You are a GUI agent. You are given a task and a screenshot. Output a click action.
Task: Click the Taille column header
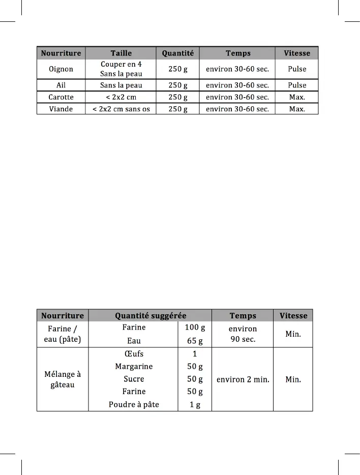point(121,53)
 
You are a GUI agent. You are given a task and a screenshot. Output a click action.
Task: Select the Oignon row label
point(61,69)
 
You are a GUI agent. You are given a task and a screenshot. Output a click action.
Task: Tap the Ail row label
point(61,85)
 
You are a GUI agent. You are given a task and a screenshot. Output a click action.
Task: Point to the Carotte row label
point(61,97)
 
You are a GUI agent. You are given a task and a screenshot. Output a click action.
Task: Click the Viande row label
point(61,109)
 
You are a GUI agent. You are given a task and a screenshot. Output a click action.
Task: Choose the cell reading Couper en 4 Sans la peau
point(121,69)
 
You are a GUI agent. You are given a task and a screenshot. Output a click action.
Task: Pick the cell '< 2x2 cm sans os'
point(121,109)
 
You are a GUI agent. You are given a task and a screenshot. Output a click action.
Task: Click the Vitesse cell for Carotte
point(297,97)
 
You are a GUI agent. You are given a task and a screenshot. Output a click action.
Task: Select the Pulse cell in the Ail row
point(297,85)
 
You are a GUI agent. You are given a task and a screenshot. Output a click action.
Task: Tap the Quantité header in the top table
point(177,53)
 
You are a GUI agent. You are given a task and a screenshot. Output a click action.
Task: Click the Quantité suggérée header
point(151,316)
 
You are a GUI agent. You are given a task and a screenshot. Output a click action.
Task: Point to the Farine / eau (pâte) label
point(63,334)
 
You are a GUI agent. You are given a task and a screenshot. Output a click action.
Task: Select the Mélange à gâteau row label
point(63,379)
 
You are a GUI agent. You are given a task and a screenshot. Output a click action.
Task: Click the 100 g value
point(195,328)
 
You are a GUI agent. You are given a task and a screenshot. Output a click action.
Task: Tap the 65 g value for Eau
point(195,341)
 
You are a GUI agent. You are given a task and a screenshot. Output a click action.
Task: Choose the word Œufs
point(134,354)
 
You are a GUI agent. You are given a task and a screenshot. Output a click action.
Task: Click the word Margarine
point(134,367)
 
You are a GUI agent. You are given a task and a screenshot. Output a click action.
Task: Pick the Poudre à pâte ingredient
point(134,404)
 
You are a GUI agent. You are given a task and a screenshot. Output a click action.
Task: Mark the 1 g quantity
point(195,404)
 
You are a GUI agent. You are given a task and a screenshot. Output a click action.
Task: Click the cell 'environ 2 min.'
point(243,379)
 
